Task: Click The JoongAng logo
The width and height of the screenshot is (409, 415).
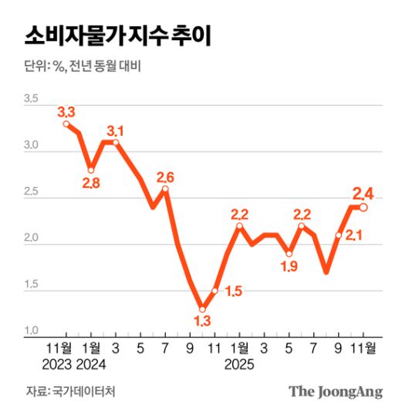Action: click(336, 391)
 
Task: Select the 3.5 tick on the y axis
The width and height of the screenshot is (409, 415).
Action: click(31, 99)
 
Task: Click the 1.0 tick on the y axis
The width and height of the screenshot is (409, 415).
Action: click(31, 331)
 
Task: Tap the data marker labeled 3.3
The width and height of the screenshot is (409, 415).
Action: click(67, 124)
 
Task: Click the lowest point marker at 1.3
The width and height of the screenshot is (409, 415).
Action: click(202, 309)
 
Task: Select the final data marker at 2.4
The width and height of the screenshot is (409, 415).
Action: click(363, 207)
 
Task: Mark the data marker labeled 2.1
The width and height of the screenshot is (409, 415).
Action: click(339, 235)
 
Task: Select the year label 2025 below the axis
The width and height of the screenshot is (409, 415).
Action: click(239, 362)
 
